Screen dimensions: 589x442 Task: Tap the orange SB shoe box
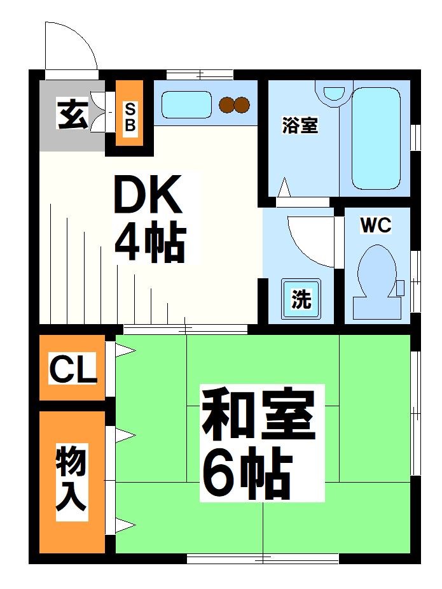(129, 116)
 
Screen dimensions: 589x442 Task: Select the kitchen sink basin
(186, 105)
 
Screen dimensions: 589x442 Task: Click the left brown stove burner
(227, 104)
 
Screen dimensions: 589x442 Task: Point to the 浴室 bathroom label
(300, 125)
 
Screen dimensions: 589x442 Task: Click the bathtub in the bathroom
(375, 138)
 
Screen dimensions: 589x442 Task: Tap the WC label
(375, 225)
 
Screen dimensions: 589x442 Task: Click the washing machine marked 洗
(301, 299)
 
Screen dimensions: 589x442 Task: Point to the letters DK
(148, 195)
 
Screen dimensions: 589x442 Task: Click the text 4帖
(150, 243)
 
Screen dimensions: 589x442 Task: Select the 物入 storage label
(71, 479)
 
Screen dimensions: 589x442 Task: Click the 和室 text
(258, 417)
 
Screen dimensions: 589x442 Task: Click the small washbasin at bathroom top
(333, 94)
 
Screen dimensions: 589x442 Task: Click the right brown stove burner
(242, 104)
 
